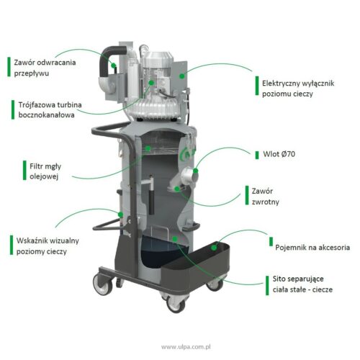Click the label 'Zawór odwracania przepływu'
pyautogui.click(x=45, y=68)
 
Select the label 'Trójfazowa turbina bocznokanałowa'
pyautogui.click(x=50, y=109)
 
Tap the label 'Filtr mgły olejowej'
pyautogui.click(x=45, y=171)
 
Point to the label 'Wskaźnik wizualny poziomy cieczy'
pyautogui.click(x=48, y=246)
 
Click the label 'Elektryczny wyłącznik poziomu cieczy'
pyautogui.click(x=298, y=89)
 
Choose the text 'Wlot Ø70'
pyautogui.click(x=279, y=154)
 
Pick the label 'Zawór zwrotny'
pyautogui.click(x=265, y=197)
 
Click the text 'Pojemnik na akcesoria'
pyautogui.click(x=312, y=248)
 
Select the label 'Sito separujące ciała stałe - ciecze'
pyautogui.click(x=302, y=284)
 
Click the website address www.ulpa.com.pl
pyautogui.click(x=186, y=347)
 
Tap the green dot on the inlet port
pyautogui.click(x=196, y=171)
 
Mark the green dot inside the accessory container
pyautogui.click(x=214, y=248)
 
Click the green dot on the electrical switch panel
pyautogui.click(x=182, y=76)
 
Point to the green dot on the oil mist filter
pyautogui.click(x=148, y=148)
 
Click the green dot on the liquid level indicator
pyautogui.click(x=120, y=215)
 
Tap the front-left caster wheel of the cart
pyautogui.click(x=103, y=284)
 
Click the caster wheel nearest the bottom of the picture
pyautogui.click(x=176, y=303)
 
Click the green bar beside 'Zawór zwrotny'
pyautogui.click(x=247, y=195)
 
